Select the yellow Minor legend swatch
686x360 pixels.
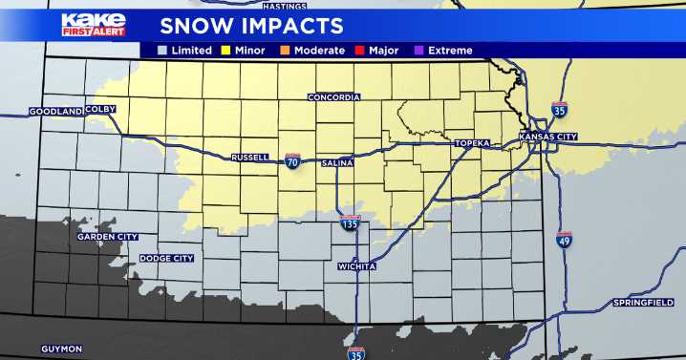coord(226,50)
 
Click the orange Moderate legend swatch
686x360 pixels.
coord(286,50)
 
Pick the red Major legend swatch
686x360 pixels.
coord(362,50)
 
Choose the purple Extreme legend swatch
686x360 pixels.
coord(420,50)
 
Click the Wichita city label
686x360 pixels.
coord(356,266)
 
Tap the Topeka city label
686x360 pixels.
coord(472,143)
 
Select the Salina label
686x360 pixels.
coord(337,163)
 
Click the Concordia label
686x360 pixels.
coord(333,97)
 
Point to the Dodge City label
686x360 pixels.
coord(166,258)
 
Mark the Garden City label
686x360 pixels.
coord(108,236)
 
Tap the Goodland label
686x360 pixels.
coord(55,111)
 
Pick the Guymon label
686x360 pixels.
coord(61,349)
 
